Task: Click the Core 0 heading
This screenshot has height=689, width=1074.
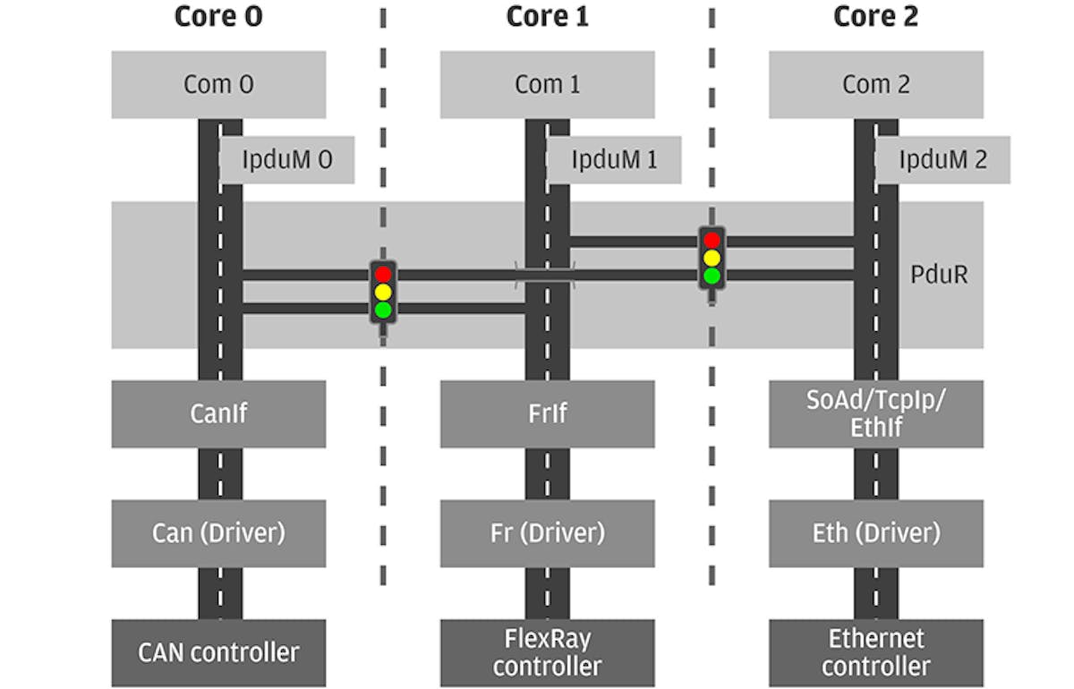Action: coord(218,16)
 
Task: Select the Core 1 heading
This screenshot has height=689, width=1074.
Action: coord(547,16)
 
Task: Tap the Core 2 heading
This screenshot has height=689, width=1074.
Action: coord(875,16)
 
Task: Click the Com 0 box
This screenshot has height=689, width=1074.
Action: coord(218,84)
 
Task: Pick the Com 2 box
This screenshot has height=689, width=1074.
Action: coord(875,84)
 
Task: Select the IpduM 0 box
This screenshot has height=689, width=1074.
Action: coord(287,160)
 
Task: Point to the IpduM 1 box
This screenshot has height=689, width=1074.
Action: coord(615,160)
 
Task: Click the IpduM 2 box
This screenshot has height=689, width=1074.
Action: coord(943,160)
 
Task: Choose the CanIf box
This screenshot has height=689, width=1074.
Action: coord(218,413)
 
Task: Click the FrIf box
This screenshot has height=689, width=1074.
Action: coord(547,413)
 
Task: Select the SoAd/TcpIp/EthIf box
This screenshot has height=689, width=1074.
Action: coord(875,413)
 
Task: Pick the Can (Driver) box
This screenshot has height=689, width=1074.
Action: coord(218,532)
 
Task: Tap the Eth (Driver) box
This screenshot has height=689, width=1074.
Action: coord(875,532)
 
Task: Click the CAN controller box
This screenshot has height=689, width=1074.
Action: coord(218,652)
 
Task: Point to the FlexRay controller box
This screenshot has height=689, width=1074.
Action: coord(547,652)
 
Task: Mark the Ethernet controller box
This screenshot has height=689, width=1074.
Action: coord(875,652)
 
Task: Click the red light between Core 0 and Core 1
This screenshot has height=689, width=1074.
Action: coord(383,275)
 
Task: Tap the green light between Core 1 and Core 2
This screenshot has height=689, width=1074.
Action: coord(712,276)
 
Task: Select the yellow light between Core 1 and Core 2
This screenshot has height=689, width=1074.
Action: coord(712,258)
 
